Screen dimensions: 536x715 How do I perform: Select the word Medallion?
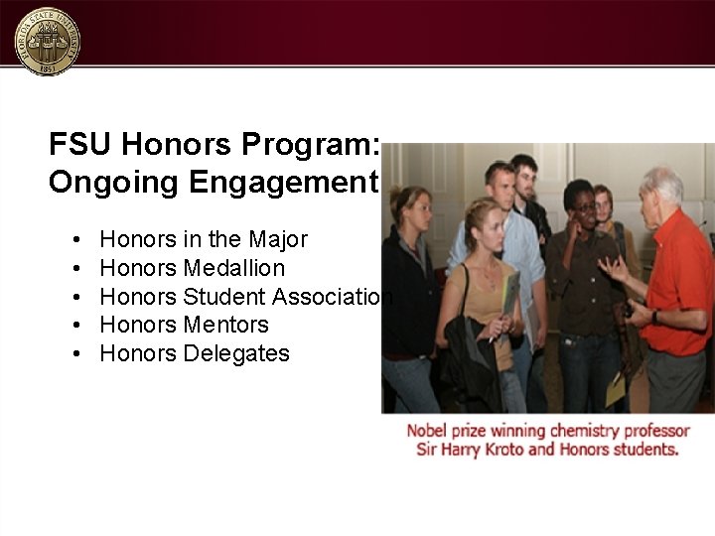click(x=234, y=268)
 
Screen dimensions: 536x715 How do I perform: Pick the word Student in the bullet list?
click(x=224, y=297)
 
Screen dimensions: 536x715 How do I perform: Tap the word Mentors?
click(x=226, y=325)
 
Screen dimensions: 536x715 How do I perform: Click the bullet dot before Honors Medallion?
click(x=76, y=269)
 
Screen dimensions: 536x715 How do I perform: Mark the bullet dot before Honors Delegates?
click(x=76, y=354)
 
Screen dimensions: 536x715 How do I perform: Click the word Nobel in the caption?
click(x=428, y=431)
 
